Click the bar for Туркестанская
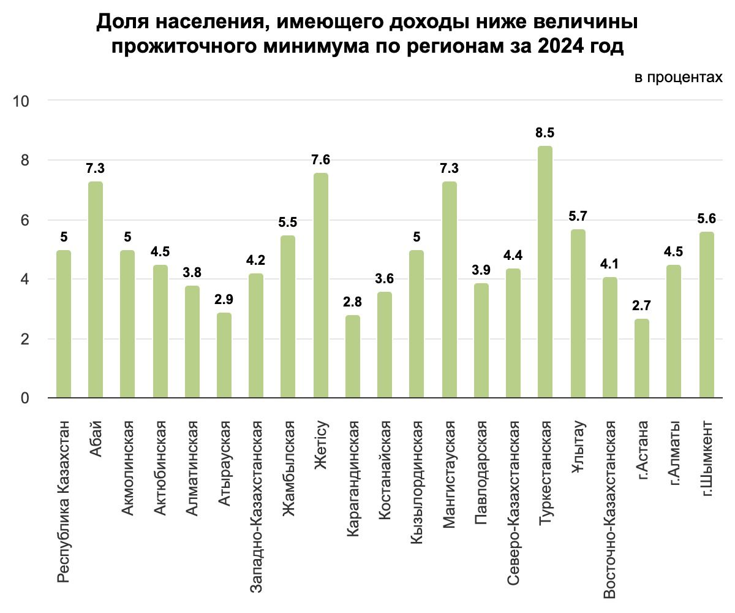545,272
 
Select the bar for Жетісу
320,286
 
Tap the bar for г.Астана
641,359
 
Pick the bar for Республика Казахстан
63,324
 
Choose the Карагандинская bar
353,357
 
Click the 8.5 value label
545,133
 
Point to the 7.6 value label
320,160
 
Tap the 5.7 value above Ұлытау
577,216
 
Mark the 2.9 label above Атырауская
224,300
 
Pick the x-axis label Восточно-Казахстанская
609,508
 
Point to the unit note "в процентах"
678,78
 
